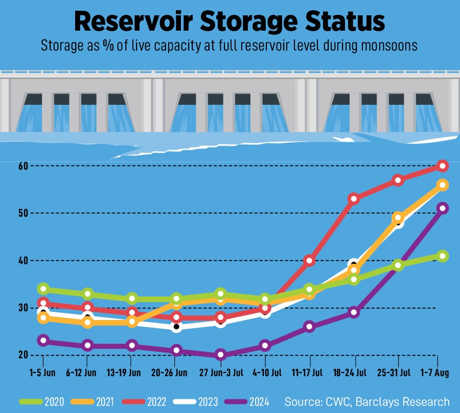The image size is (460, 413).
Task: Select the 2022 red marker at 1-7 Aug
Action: [443, 166]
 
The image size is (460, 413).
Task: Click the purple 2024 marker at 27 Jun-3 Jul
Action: [220, 355]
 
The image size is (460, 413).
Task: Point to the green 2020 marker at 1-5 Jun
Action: [43, 289]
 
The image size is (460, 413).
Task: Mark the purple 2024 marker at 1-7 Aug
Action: [443, 208]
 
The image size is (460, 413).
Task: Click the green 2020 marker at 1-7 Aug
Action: [443, 256]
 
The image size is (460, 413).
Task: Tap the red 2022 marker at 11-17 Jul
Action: [309, 261]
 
